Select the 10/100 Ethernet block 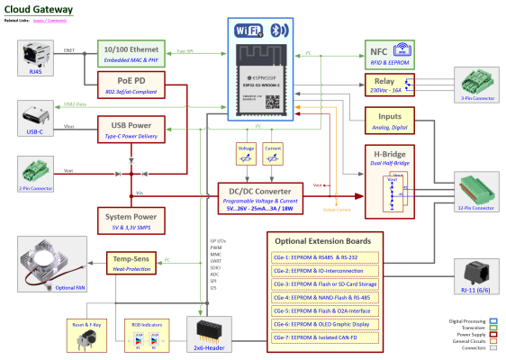pyautogui.click(x=131, y=53)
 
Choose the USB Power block pyautogui.click(x=131, y=130)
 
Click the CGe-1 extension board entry pyautogui.click(x=323, y=256)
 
